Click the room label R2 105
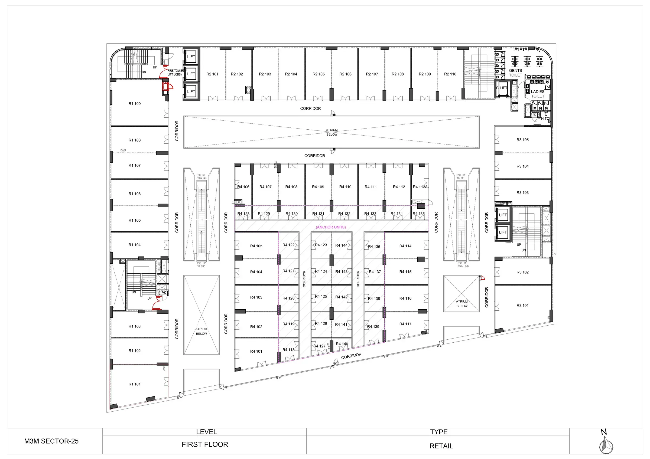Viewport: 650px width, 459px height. click(318, 74)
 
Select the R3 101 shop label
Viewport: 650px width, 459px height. click(522, 306)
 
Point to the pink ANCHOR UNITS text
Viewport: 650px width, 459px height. click(331, 227)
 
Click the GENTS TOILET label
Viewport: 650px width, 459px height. click(515, 73)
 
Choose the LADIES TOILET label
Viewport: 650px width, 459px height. click(537, 94)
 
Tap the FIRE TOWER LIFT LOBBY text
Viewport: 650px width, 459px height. click(175, 73)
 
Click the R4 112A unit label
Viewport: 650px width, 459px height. click(420, 187)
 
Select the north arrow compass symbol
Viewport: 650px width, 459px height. click(606, 445)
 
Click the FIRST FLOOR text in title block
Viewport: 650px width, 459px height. click(205, 445)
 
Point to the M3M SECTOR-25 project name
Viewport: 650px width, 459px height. click(51, 441)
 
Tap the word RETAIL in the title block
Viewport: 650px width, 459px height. click(441, 446)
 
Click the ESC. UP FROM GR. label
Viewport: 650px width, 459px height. click(201, 177)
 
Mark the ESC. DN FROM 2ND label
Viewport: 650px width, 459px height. click(463, 265)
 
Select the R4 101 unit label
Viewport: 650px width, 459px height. click(256, 351)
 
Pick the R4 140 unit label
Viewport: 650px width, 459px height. click(342, 344)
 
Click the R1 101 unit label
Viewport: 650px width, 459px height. click(135, 384)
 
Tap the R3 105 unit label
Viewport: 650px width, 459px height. click(522, 140)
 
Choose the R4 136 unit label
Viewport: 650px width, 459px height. click(374, 247)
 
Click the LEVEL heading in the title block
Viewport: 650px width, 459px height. click(206, 432)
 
